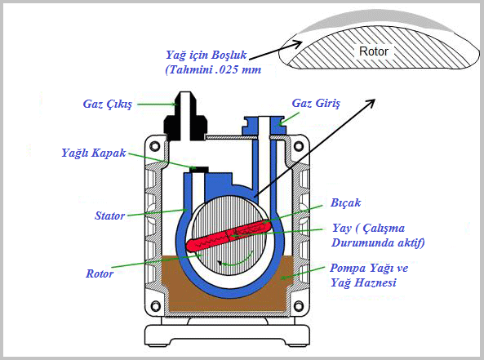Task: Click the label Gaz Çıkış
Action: pyautogui.click(x=108, y=104)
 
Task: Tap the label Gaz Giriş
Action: pyautogui.click(x=316, y=103)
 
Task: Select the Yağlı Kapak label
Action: pyautogui.click(x=94, y=153)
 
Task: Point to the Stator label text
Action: pyautogui.click(x=109, y=216)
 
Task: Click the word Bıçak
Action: pyautogui.click(x=345, y=202)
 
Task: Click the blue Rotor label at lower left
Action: pyautogui.click(x=100, y=273)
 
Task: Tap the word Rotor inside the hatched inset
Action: pyautogui.click(x=374, y=51)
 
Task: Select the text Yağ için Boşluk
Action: pyautogui.click(x=206, y=55)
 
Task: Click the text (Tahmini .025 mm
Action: pyautogui.click(x=213, y=69)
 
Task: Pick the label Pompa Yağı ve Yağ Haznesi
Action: pyautogui.click(x=369, y=275)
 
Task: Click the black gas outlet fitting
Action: pyautogui.click(x=185, y=116)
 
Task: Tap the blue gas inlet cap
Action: pyautogui.click(x=264, y=126)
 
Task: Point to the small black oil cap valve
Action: pyautogui.click(x=199, y=169)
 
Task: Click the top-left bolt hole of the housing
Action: pyautogui.click(x=155, y=146)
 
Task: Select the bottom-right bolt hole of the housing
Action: pyautogui.click(x=299, y=306)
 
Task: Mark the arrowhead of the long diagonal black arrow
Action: pyautogui.click(x=371, y=104)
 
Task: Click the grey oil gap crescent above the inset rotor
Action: pyautogui.click(x=375, y=21)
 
